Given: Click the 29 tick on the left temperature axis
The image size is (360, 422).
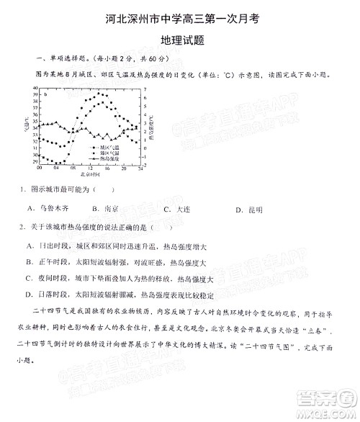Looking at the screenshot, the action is pyautogui.click(x=35, y=162).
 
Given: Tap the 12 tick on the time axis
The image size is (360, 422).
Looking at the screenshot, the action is pyautogui.click(x=89, y=169).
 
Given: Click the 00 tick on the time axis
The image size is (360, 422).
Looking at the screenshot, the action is pyautogui.click(x=39, y=169).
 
